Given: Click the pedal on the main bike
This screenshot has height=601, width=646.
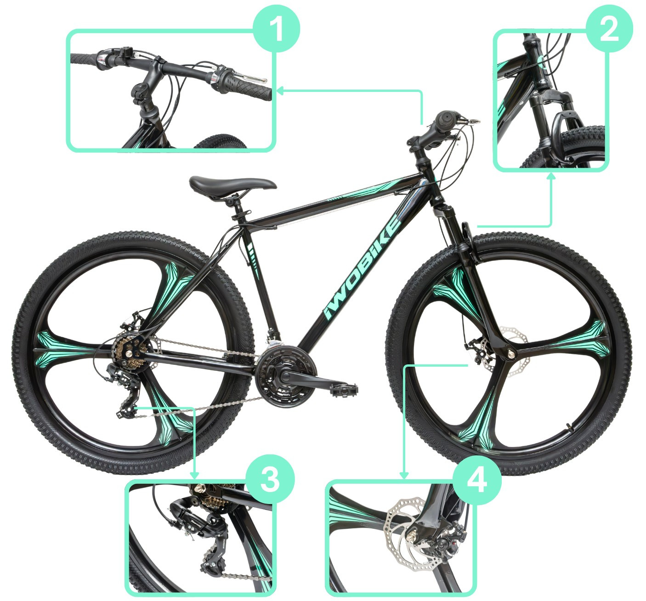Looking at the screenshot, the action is point(344,389).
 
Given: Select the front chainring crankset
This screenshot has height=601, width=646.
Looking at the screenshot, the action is point(286,375).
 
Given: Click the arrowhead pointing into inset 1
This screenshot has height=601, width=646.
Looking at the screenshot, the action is point(280,91).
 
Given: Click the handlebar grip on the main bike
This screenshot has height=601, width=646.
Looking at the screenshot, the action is point(446,121).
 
